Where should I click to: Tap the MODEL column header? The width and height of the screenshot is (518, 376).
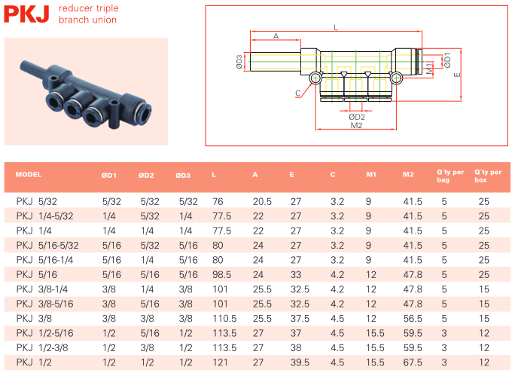28,175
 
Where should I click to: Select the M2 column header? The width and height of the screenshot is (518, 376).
408,175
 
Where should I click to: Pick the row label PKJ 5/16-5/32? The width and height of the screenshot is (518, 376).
47,245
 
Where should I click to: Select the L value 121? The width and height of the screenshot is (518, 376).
219,362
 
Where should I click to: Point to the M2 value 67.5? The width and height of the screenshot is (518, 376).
412,362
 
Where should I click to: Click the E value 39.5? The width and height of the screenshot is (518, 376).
300,362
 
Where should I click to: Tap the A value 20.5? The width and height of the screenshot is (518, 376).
262,201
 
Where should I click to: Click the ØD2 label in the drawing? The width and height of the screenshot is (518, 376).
357,118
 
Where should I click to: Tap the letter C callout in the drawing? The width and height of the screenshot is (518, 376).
298,93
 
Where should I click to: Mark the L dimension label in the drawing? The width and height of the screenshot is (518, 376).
336,27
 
